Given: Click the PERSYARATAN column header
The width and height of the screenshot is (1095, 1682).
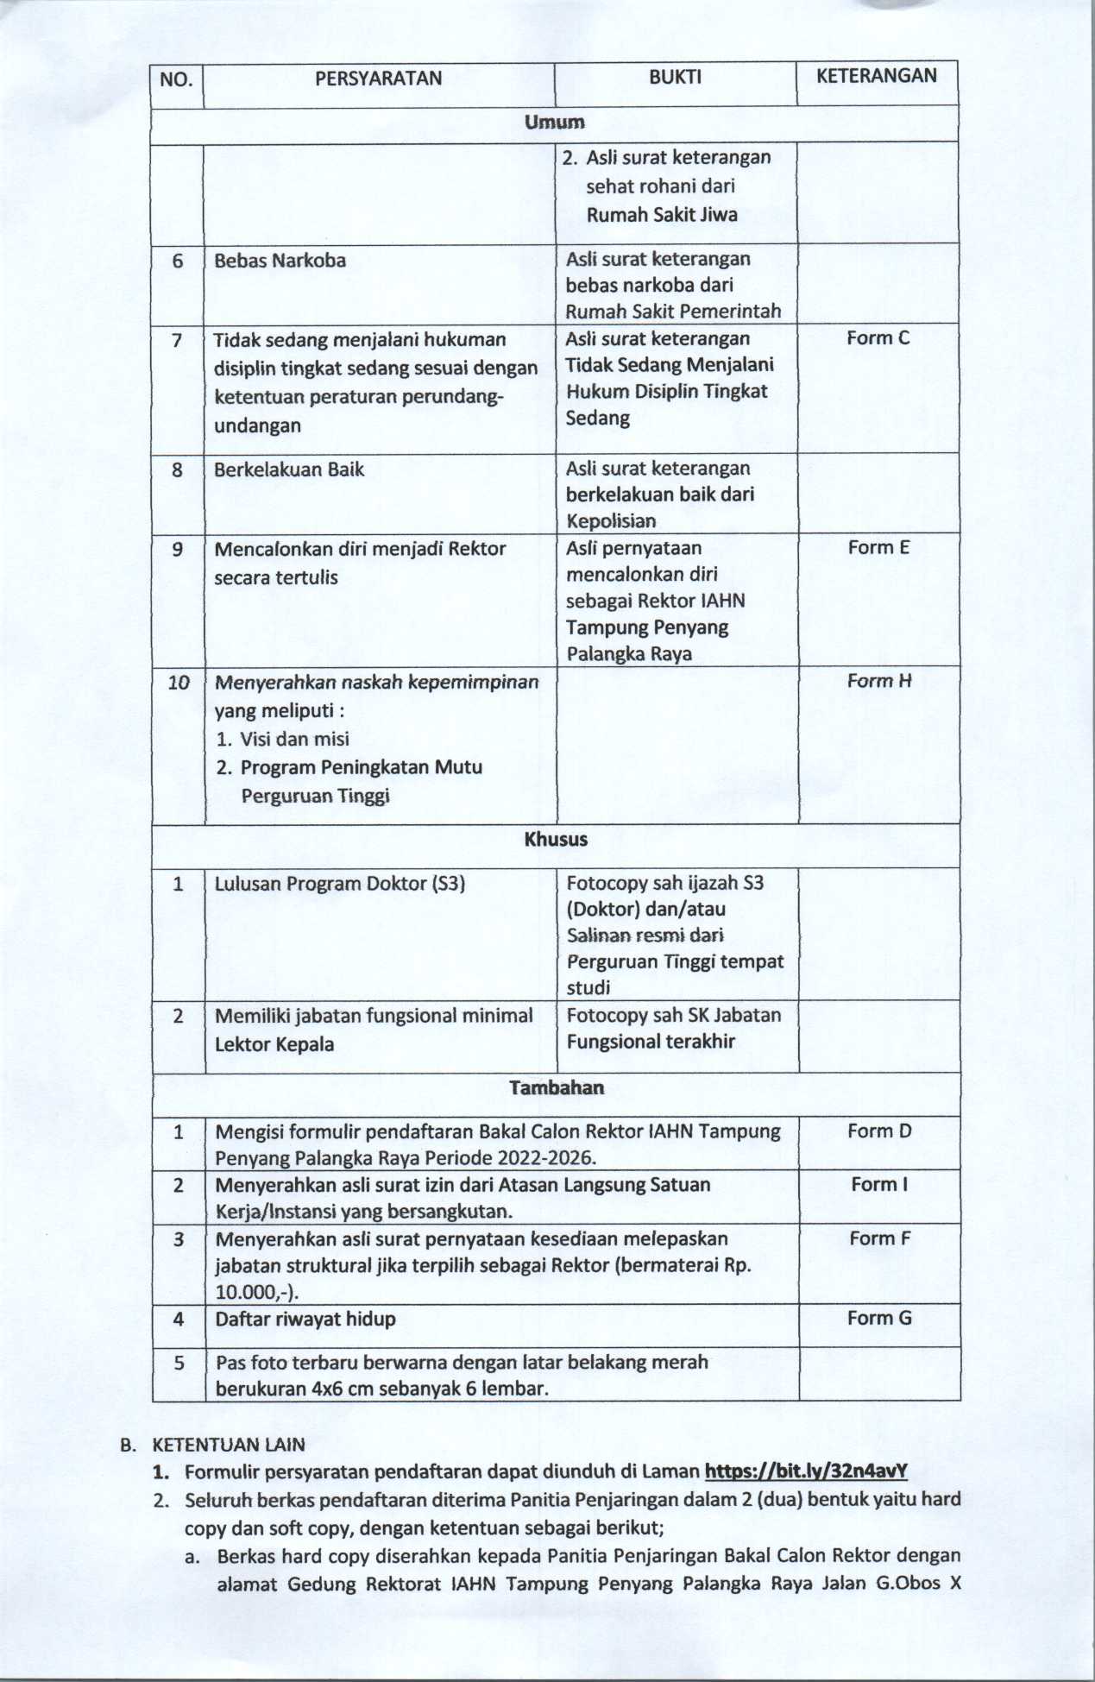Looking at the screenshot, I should click(378, 79).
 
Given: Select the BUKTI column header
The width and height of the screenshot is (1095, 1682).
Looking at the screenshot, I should click(675, 78).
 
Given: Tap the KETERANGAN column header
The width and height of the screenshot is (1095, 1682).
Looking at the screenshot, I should click(876, 76).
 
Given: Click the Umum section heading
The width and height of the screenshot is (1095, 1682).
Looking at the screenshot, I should click(554, 123).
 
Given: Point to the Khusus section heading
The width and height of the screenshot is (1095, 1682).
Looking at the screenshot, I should click(556, 840).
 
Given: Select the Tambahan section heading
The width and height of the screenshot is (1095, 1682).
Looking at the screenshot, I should click(557, 1087).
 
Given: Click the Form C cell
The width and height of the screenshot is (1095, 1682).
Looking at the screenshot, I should click(878, 338).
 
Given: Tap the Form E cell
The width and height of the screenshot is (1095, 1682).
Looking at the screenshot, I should click(878, 548).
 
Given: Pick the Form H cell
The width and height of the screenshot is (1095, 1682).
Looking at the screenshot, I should click(878, 681).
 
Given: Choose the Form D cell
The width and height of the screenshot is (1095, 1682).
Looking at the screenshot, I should click(879, 1131).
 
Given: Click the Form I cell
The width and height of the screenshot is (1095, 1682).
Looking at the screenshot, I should click(879, 1185).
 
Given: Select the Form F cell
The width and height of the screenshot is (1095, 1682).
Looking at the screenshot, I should click(879, 1239).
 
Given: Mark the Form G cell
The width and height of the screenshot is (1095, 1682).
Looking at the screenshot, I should click(879, 1319).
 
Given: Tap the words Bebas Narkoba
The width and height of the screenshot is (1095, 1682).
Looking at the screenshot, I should click(280, 261).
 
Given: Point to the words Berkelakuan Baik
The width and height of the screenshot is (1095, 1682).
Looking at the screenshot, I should click(289, 470).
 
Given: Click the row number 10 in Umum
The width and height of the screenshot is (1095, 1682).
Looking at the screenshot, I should click(178, 683).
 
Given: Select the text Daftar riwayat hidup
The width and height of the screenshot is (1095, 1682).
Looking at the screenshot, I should click(305, 1320).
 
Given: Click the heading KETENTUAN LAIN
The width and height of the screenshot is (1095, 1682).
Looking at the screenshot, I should click(228, 1445).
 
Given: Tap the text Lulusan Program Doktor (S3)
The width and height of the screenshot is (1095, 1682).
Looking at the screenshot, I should click(339, 884).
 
